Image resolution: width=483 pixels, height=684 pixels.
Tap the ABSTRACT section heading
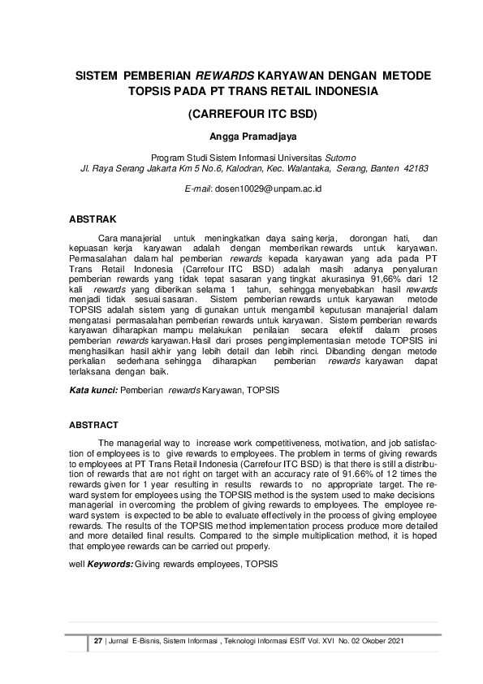(x=94, y=425)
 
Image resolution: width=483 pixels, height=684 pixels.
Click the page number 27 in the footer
(x=98, y=642)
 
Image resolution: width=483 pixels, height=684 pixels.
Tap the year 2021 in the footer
(x=395, y=642)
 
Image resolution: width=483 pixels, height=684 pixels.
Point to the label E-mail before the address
(x=199, y=188)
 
